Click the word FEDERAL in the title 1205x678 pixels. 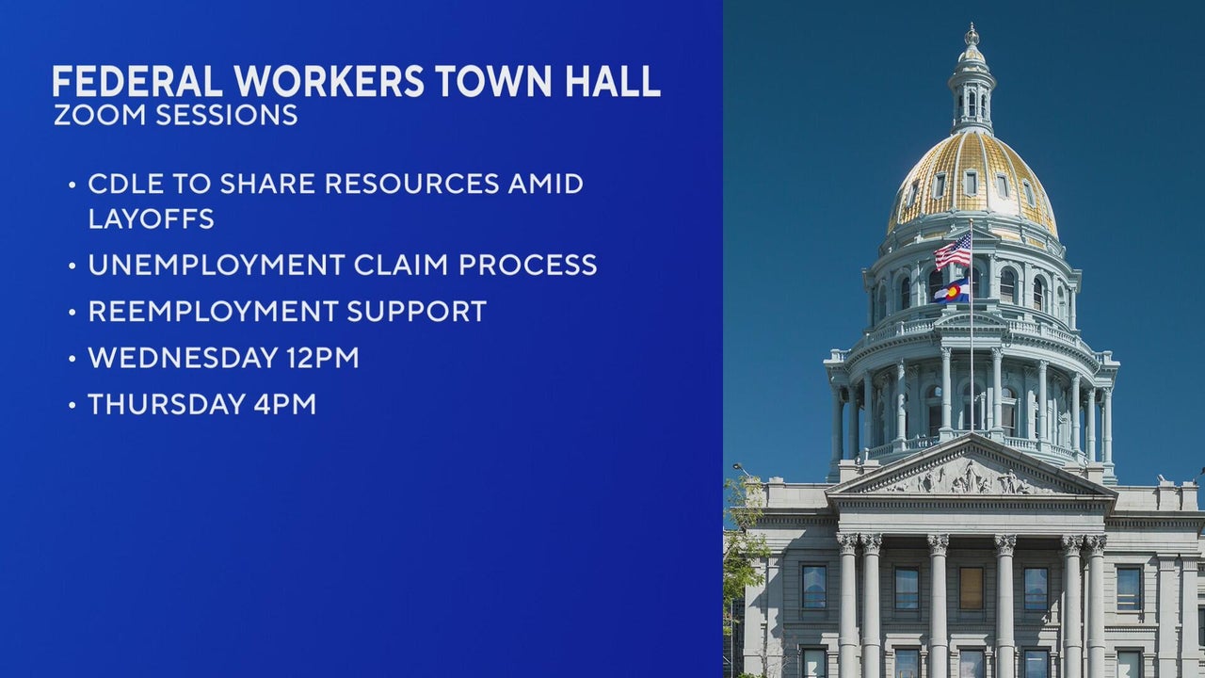click(137, 81)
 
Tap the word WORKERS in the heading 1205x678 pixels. click(329, 81)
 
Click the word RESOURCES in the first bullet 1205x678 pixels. click(412, 184)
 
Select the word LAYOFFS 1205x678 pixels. click(152, 218)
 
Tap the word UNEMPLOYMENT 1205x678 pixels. click(217, 265)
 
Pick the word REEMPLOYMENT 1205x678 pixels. click(213, 311)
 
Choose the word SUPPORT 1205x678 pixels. click(417, 311)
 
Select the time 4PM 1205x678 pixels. click(285, 404)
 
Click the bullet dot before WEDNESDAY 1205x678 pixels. click(72, 359)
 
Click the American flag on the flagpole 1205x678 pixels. click(953, 251)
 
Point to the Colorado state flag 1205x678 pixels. click(952, 292)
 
